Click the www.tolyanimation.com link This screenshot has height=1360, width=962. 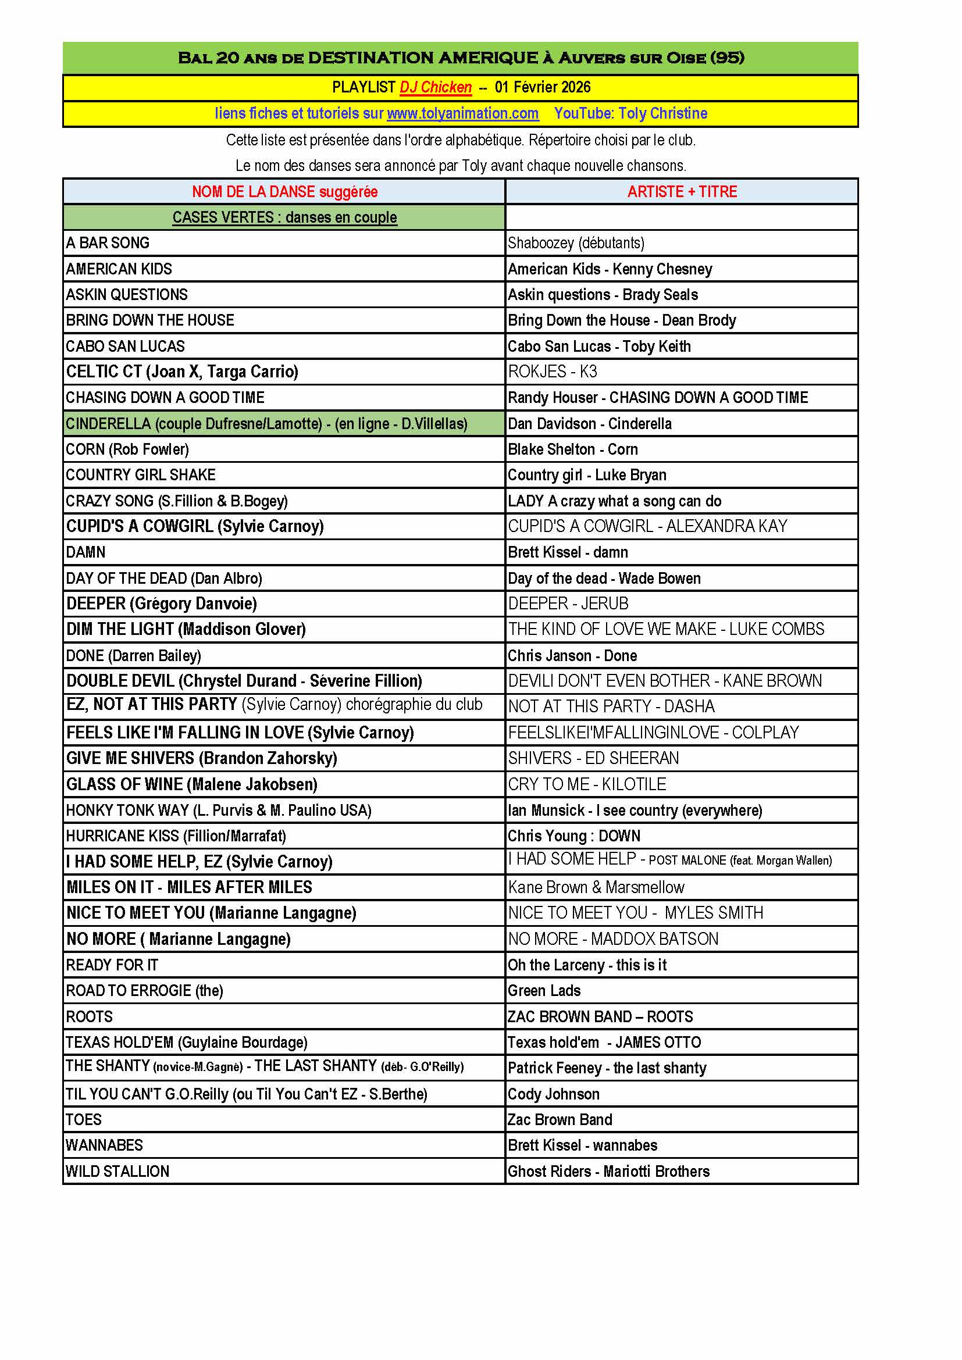462,113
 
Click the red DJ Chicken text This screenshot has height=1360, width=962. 436,87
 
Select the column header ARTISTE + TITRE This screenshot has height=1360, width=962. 682,192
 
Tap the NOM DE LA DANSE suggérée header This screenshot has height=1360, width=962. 284,192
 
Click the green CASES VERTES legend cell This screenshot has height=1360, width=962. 284,217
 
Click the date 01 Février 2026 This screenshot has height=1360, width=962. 543,87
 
